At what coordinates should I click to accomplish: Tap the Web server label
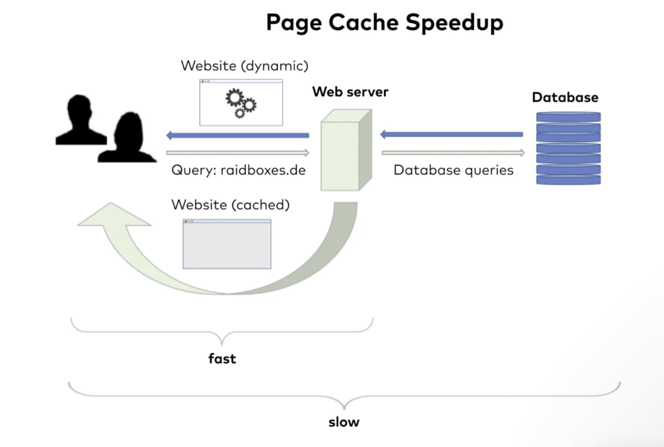click(350, 91)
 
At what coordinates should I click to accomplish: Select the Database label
click(565, 97)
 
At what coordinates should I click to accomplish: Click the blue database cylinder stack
click(568, 148)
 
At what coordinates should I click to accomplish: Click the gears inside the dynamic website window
click(241, 103)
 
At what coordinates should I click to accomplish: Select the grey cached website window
click(227, 243)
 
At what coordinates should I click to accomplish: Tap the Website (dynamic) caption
click(244, 66)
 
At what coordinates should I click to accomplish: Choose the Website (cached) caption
click(230, 204)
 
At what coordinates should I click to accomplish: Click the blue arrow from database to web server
click(451, 134)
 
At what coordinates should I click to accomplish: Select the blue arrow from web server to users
click(237, 135)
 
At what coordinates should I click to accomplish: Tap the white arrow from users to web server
click(237, 153)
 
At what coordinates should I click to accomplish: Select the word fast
click(222, 357)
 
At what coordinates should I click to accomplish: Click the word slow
click(344, 422)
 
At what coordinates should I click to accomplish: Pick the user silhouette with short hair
click(80, 120)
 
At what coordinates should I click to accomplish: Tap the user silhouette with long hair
click(127, 138)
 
